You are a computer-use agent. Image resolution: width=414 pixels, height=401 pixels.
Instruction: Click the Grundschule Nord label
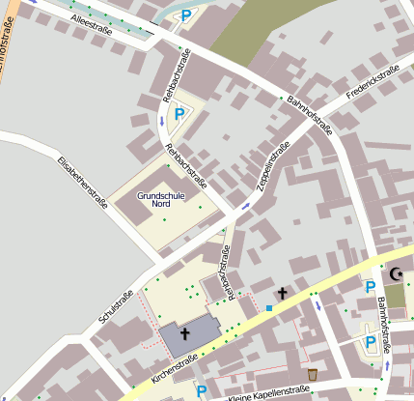160,200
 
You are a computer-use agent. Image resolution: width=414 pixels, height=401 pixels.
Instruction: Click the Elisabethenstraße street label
81,183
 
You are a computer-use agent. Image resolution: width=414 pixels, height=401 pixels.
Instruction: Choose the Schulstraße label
115,305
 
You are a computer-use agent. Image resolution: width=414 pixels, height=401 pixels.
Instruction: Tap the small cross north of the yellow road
283,292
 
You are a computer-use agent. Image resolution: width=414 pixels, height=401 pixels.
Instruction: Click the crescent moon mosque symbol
395,273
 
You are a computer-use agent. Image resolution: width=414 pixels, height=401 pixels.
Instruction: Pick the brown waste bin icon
312,373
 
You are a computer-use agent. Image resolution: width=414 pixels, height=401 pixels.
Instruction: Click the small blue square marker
269,308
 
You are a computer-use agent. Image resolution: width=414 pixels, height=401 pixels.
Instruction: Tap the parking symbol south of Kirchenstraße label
202,390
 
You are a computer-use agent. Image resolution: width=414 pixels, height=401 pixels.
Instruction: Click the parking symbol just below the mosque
369,287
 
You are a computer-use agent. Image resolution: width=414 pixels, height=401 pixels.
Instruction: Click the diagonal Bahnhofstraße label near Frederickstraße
307,110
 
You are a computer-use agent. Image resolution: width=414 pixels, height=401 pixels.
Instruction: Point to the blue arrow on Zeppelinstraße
245,205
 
